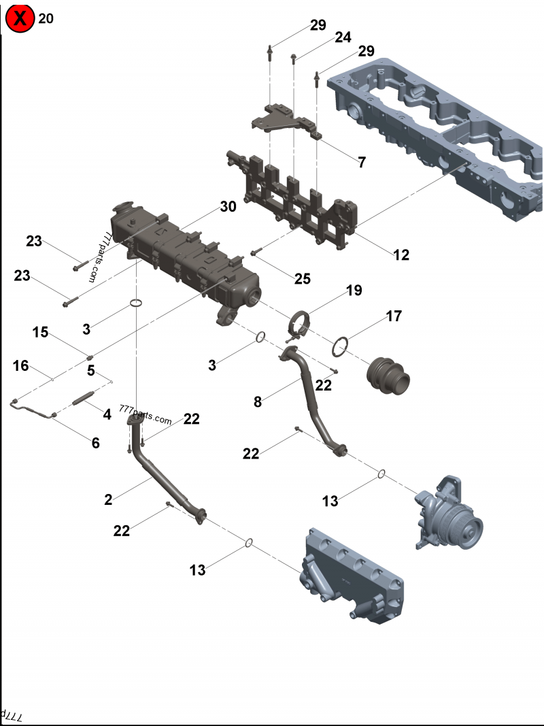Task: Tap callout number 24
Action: (x=343, y=37)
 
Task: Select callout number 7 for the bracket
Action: (x=362, y=162)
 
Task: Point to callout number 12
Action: (x=401, y=255)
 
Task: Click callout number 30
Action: (x=228, y=206)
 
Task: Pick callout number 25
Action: (x=303, y=278)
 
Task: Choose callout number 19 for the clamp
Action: (x=354, y=291)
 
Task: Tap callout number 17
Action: (x=394, y=316)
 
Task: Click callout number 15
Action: (x=41, y=332)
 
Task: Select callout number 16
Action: (x=21, y=366)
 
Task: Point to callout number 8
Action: (x=258, y=401)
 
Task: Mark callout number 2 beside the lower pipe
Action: (x=108, y=499)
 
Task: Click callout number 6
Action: (x=95, y=443)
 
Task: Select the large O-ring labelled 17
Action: (x=341, y=347)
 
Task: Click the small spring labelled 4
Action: (x=82, y=398)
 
